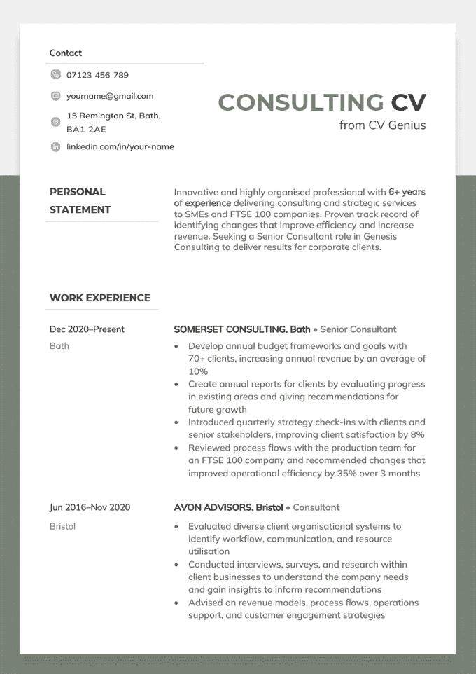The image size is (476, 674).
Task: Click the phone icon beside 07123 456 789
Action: (56, 75)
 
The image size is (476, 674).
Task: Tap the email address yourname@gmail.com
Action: (110, 96)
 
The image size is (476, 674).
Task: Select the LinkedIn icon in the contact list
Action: (56, 147)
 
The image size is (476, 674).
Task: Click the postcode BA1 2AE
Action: (86, 130)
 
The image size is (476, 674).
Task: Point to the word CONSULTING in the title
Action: (301, 102)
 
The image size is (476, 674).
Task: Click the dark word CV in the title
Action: (408, 102)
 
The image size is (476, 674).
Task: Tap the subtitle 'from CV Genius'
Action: (382, 125)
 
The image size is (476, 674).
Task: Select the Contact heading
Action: (66, 53)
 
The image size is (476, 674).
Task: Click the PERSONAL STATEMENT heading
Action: (80, 200)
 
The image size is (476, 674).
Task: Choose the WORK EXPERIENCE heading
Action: (100, 298)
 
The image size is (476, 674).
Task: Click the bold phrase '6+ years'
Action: (407, 191)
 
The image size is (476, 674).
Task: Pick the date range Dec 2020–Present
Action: (87, 329)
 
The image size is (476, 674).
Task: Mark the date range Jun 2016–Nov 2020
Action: (90, 507)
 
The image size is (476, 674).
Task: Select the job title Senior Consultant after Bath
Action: (358, 329)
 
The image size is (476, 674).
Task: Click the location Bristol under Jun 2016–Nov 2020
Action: (62, 526)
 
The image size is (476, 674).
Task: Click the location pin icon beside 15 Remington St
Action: (56, 122)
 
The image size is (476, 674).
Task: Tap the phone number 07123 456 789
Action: (97, 75)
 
